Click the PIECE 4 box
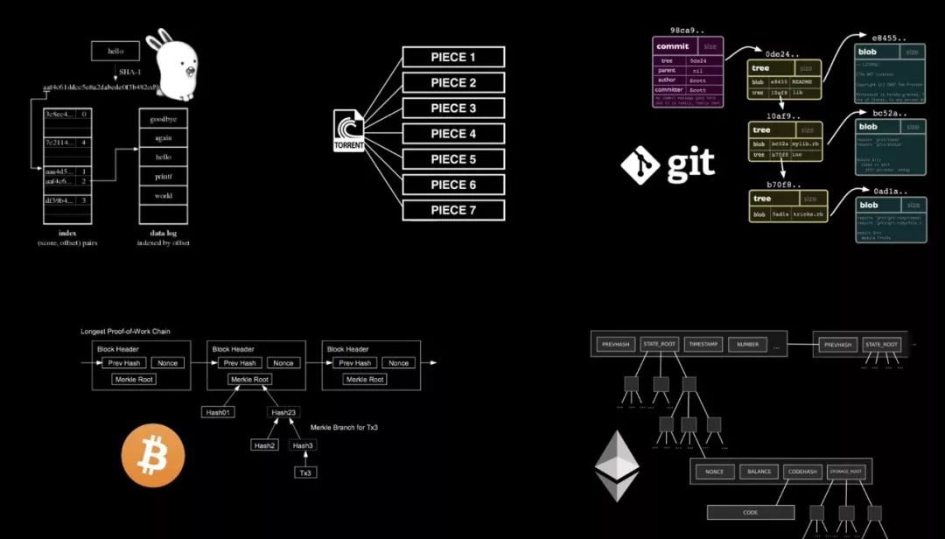[x=453, y=134]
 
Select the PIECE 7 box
[x=453, y=210]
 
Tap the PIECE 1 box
[x=453, y=58]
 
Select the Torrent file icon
[x=348, y=130]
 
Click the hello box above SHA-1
[x=115, y=51]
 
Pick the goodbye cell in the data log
[x=163, y=118]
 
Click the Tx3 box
[x=305, y=472]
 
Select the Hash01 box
[x=218, y=412]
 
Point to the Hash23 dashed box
[x=284, y=412]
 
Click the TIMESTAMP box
[x=703, y=345]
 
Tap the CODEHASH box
[x=802, y=472]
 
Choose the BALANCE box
[x=759, y=472]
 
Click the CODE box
[x=750, y=513]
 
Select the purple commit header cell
[x=673, y=46]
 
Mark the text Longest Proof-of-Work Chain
[x=125, y=332]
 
